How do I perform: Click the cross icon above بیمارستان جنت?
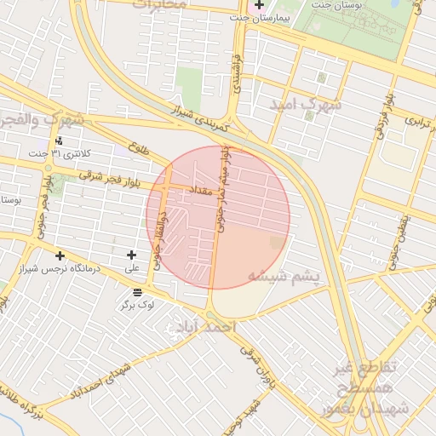pyautogui.click(x=259, y=5)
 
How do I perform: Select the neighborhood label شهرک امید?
pyautogui.click(x=305, y=104)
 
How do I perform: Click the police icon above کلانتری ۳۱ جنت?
pyautogui.click(x=59, y=141)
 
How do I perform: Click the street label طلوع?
pyautogui.click(x=138, y=148)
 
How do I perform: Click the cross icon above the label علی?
pyautogui.click(x=131, y=255)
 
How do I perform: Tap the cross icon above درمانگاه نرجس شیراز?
pyautogui.click(x=60, y=255)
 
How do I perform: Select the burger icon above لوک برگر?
pyautogui.click(x=138, y=291)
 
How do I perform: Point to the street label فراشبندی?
pyautogui.click(x=238, y=72)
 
